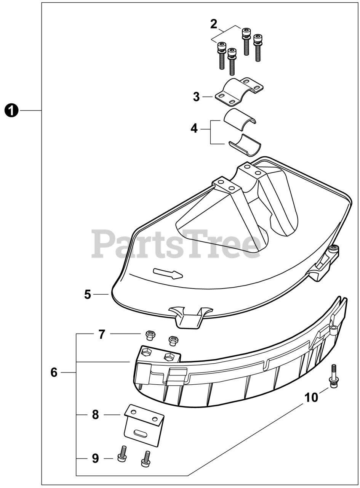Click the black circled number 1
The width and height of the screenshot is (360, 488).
[x=12, y=111]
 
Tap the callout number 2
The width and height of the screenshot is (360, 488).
[x=214, y=24]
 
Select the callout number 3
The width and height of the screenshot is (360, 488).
[x=196, y=97]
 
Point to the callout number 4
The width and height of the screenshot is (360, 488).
[x=194, y=128]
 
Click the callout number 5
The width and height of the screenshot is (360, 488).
[x=88, y=294]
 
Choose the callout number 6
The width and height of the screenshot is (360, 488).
[x=54, y=372]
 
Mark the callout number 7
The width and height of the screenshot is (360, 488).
[x=101, y=334]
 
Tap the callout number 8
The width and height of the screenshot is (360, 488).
[x=95, y=414]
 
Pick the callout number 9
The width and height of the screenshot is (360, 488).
[x=95, y=457]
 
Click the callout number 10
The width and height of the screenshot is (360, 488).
[x=311, y=398]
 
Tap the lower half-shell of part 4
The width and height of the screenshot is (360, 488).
[x=244, y=144]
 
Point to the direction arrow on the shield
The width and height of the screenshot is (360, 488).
[x=168, y=273]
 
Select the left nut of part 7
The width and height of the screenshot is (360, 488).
[x=150, y=335]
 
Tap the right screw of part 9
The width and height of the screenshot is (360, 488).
[x=145, y=457]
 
